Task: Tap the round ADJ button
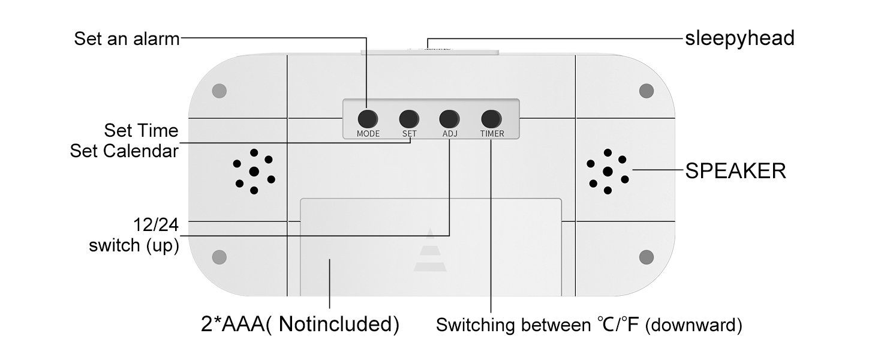coord(449,119)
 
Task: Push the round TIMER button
coord(491,119)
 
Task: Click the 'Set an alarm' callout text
coord(127,39)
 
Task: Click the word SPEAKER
coord(735,171)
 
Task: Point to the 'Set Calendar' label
coord(124,151)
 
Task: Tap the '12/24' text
coord(156,225)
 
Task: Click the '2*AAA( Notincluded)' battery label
coord(300,325)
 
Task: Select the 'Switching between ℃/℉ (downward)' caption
coord(589,325)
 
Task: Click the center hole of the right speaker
coord(608,172)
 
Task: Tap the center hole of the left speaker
coord(254,172)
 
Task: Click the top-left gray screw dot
coord(219,91)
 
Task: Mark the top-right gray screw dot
coord(647,91)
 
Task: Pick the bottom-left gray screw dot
coord(219,257)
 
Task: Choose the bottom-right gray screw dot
coord(647,257)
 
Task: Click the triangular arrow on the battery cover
coord(430,251)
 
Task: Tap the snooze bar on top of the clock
coord(429,52)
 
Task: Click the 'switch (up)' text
coord(134,245)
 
